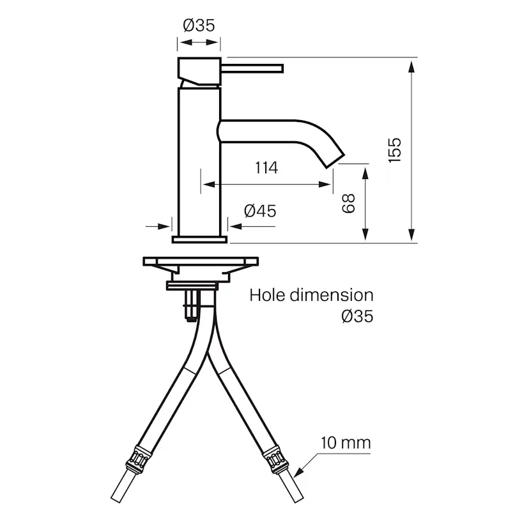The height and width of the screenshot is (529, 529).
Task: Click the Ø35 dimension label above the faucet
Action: pos(199,26)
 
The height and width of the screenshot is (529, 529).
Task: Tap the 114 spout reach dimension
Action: pos(266,168)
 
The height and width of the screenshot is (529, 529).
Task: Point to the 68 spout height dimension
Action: pos(348,204)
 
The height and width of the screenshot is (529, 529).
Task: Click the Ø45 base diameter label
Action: pos(260,210)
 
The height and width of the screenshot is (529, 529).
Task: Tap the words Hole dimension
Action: pos(311,295)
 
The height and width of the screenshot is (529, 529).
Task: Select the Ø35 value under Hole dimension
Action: pos(357,316)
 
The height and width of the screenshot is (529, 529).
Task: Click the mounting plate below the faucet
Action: pos(201,263)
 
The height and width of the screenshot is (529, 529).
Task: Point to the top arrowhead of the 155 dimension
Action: pos(413,64)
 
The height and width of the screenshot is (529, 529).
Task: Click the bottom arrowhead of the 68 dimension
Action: pos(365,236)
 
